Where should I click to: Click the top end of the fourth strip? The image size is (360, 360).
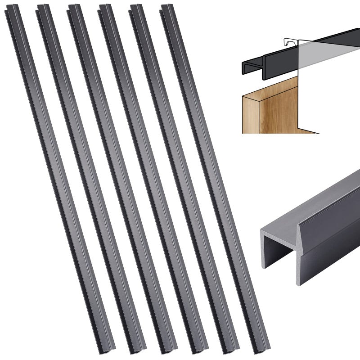pyautogui.click(x=106, y=8)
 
